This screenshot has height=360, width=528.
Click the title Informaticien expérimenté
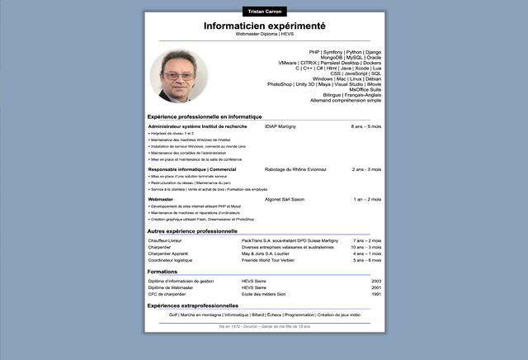pyautogui.click(x=264, y=26)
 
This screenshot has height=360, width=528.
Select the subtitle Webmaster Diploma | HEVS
pyautogui.click(x=264, y=36)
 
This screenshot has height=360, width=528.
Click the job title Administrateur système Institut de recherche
pyautogui.click(x=197, y=126)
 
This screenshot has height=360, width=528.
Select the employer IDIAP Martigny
pyautogui.click(x=280, y=126)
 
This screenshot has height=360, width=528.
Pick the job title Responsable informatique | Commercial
pyautogui.click(x=191, y=169)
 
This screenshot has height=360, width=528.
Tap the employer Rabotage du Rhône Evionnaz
pyautogui.click(x=295, y=169)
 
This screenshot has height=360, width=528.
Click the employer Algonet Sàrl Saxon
pyautogui.click(x=285, y=199)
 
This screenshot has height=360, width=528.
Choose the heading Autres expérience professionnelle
pyautogui.click(x=192, y=231)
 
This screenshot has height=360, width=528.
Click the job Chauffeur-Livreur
pyautogui.click(x=165, y=240)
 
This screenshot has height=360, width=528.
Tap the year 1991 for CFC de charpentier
pyautogui.click(x=376, y=294)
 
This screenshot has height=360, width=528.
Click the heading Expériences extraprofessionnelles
pyautogui.click(x=198, y=306)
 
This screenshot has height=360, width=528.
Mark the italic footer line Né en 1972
pyautogui.click(x=264, y=326)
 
